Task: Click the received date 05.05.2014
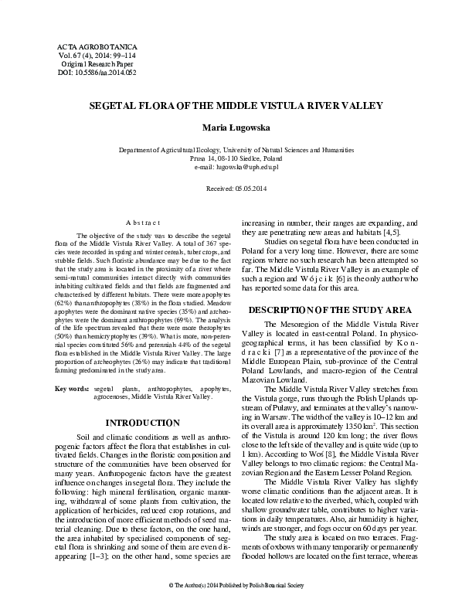[x=230, y=188]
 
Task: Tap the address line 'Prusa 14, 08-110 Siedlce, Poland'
[x=231, y=158]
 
